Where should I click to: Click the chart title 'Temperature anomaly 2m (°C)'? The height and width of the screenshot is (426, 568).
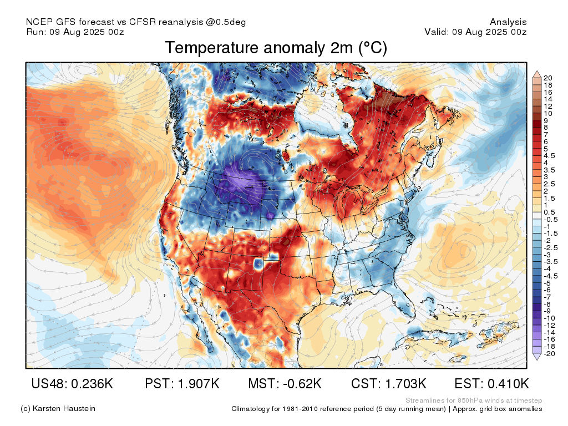pos(276,48)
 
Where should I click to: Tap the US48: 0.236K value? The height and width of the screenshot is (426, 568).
pos(72,384)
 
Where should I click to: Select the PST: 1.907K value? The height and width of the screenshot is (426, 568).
pos(182,384)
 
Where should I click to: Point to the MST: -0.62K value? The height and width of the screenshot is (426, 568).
pos(285,384)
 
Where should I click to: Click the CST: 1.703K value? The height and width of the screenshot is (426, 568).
pos(389,384)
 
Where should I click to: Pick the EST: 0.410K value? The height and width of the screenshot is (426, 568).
pos(491,384)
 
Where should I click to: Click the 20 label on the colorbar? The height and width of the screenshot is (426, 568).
pos(547,78)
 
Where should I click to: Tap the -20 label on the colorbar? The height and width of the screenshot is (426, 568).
pos(549,354)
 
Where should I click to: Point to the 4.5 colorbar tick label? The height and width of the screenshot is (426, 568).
pos(549,156)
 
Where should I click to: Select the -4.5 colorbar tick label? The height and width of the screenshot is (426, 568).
pos(551,276)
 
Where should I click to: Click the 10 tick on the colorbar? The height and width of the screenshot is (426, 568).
pos(547,113)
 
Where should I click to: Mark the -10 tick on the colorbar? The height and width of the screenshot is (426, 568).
pos(549,318)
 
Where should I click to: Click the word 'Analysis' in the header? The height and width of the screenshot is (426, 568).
pos(508,22)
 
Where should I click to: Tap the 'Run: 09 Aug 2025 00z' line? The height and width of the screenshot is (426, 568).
pos(75,32)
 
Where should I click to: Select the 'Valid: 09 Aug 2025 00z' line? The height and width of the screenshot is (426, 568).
pos(475,32)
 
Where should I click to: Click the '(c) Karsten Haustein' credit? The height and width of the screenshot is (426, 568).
pos(58,409)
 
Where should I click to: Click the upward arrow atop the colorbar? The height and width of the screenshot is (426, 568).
pos(537,74)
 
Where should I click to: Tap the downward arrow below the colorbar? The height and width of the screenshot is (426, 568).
pos(537,357)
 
